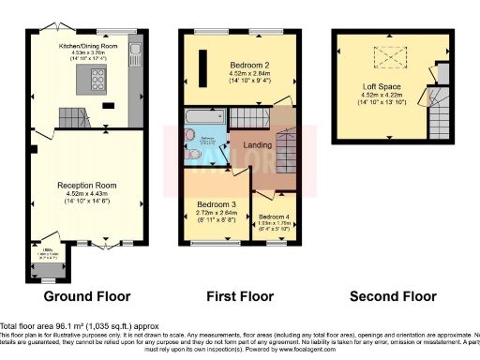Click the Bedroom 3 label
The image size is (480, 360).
coord(217,203)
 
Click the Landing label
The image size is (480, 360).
coord(258,144)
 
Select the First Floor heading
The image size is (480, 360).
coord(240,296)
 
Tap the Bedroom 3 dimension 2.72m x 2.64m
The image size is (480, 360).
coord(217,212)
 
